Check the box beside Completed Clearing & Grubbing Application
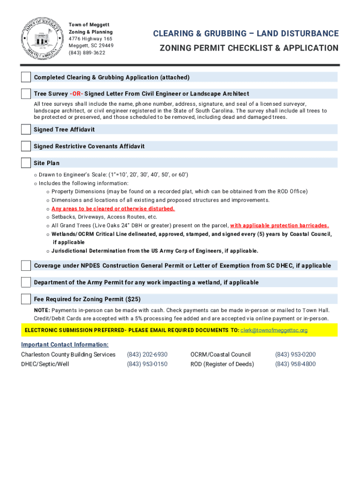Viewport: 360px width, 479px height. [x=26, y=77]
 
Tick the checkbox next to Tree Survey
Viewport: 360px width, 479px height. [x=26, y=94]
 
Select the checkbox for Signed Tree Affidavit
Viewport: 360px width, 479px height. [x=26, y=130]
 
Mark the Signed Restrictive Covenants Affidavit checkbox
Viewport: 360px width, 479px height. [x=26, y=146]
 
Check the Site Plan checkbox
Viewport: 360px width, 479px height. [x=26, y=163]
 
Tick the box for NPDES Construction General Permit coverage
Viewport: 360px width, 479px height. [x=26, y=266]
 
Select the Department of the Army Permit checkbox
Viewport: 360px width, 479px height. [x=26, y=283]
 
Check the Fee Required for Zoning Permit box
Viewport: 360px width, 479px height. [x=26, y=299]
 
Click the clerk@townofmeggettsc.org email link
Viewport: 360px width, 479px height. [x=274, y=330]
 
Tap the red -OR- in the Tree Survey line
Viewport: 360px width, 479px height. [x=76, y=94]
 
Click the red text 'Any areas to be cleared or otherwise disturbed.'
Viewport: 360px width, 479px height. [x=113, y=209]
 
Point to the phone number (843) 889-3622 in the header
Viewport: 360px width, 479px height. [x=87, y=53]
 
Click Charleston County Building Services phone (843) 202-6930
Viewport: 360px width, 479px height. [x=147, y=355]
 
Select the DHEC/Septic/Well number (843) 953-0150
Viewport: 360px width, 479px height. [x=147, y=364]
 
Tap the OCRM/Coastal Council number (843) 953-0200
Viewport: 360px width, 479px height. [x=295, y=355]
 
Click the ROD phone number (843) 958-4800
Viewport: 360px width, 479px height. [x=295, y=364]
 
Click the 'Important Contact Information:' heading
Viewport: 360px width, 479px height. [x=65, y=345]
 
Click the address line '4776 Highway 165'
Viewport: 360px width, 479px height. [x=90, y=39]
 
